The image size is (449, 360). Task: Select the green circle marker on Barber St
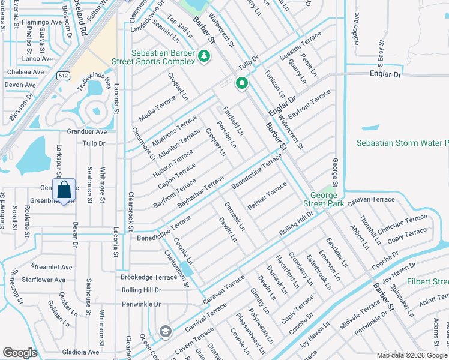point(242,83)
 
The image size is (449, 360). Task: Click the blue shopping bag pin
point(64,191)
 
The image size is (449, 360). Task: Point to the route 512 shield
point(62,76)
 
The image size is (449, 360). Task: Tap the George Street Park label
point(327,200)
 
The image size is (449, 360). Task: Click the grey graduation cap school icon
point(164,331)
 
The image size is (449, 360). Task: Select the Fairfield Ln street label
point(234,120)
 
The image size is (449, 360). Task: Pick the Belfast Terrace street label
point(267,196)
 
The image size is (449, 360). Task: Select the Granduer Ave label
point(86,131)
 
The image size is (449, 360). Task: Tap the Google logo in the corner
point(20,352)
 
